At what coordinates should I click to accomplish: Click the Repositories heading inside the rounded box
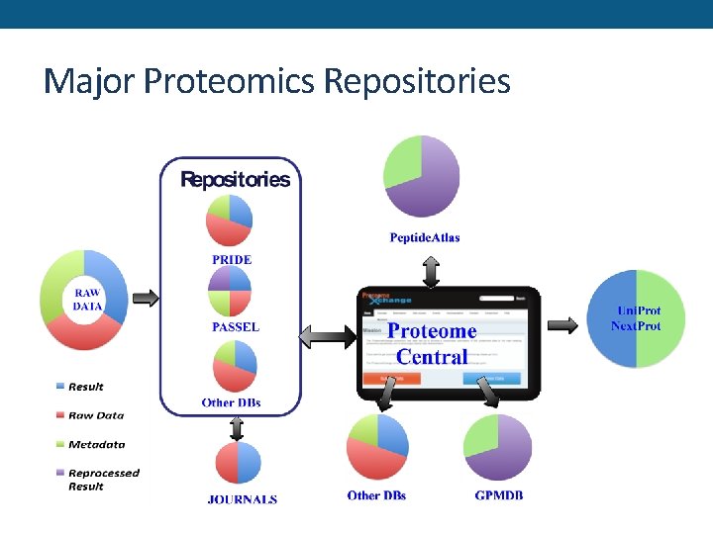(235, 180)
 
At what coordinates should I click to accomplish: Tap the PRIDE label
(232, 260)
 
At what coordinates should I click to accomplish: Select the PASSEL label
(235, 327)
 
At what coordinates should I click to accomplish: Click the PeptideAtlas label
(424, 237)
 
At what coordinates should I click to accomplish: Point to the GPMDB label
(499, 495)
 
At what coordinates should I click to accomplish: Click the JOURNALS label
(243, 499)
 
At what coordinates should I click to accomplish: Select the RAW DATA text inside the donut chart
(86, 300)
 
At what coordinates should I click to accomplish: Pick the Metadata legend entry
(96, 444)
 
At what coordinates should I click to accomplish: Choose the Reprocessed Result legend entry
(103, 480)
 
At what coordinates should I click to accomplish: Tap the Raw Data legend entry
(95, 415)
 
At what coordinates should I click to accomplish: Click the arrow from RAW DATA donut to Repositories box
(145, 298)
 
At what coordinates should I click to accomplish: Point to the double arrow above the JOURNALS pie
(237, 427)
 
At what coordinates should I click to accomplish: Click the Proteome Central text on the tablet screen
(432, 343)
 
